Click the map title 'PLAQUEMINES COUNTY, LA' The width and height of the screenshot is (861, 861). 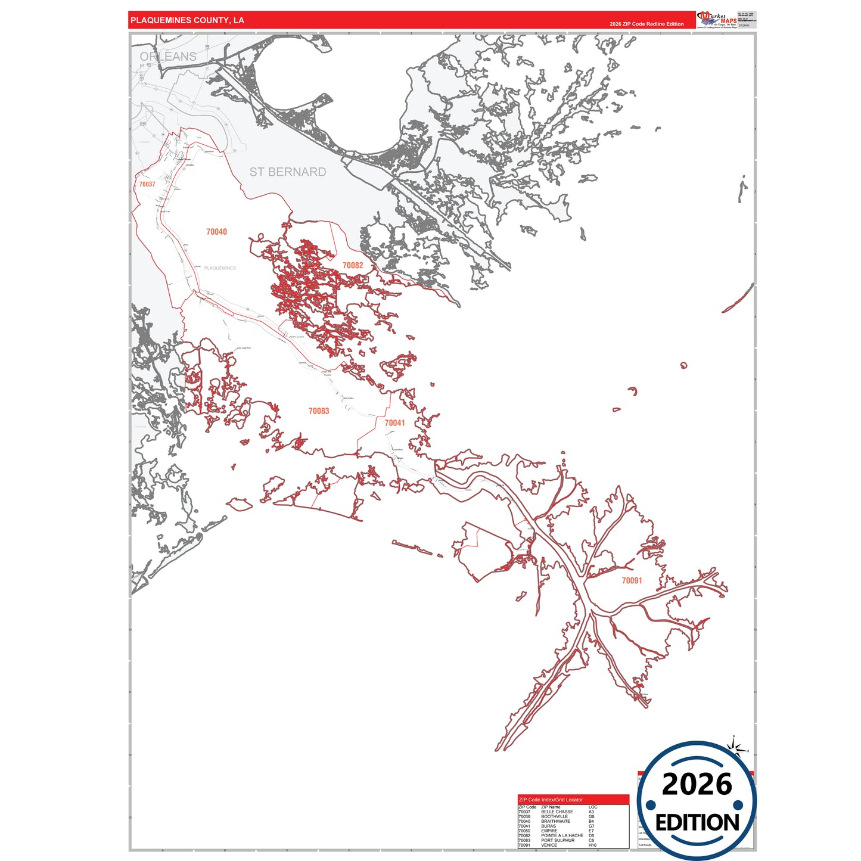(x=187, y=20)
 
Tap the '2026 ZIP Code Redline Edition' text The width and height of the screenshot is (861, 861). (x=646, y=24)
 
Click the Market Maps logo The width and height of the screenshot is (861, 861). (x=717, y=20)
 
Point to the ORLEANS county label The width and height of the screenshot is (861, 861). (x=168, y=57)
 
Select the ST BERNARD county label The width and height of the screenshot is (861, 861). (x=288, y=172)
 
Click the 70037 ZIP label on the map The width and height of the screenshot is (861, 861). (x=147, y=184)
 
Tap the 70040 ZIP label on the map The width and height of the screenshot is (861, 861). (x=216, y=232)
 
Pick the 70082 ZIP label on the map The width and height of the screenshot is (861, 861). (x=353, y=265)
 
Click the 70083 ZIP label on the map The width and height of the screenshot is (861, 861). (x=319, y=411)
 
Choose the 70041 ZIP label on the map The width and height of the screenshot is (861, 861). (x=394, y=423)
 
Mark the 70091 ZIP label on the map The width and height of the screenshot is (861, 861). (x=632, y=580)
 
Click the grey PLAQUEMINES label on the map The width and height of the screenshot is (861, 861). (x=220, y=268)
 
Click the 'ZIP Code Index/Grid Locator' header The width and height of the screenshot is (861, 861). (x=551, y=800)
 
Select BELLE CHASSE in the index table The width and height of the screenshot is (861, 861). (x=557, y=812)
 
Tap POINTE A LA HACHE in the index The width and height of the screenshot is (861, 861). (x=562, y=835)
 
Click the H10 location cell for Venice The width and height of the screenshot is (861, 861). (x=592, y=845)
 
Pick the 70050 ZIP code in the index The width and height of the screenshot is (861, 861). (x=524, y=831)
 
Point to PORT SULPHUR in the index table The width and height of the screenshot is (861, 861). (x=558, y=840)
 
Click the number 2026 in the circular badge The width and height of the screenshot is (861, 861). (x=697, y=784)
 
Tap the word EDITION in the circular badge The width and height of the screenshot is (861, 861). (x=697, y=823)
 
